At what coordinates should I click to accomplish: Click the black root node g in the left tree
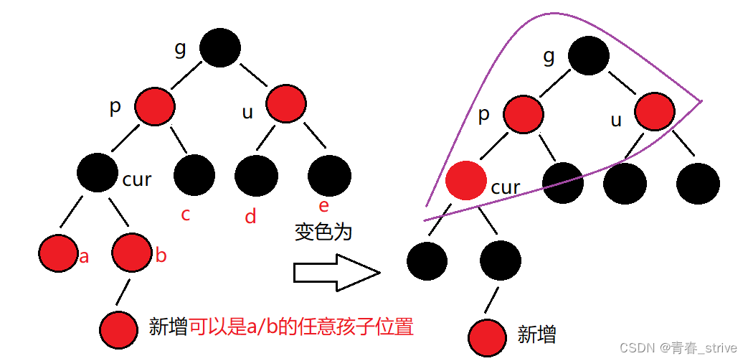pyautogui.click(x=220, y=48)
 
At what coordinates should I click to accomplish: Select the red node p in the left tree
pyautogui.click(x=154, y=106)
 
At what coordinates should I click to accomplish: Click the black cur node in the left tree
pyautogui.click(x=98, y=173)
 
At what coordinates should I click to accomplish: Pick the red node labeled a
pyautogui.click(x=57, y=253)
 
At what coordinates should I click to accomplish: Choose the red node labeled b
pyautogui.click(x=132, y=252)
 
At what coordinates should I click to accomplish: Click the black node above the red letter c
pyautogui.click(x=194, y=175)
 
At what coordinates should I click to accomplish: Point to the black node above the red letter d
pyautogui.click(x=256, y=176)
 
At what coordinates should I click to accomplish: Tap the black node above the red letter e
pyautogui.click(x=329, y=176)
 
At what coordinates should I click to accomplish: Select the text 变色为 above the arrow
pyautogui.click(x=323, y=232)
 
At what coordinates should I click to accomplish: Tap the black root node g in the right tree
pyautogui.click(x=589, y=55)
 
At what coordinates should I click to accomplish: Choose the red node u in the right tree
pyautogui.click(x=655, y=113)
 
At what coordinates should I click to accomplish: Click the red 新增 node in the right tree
pyautogui.click(x=489, y=336)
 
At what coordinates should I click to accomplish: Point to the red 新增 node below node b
pyautogui.click(x=118, y=329)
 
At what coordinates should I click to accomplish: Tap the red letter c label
pyautogui.click(x=186, y=214)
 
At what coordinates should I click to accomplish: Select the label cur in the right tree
pyautogui.click(x=506, y=188)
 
